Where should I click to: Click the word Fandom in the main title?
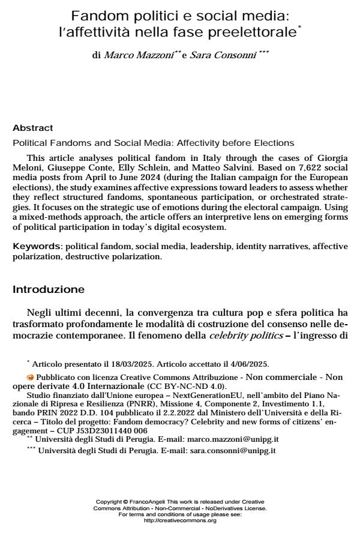pos(97,17)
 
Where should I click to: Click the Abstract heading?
pos(33,128)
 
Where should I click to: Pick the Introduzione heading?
pos(49,290)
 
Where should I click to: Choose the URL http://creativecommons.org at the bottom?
pos(180,520)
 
